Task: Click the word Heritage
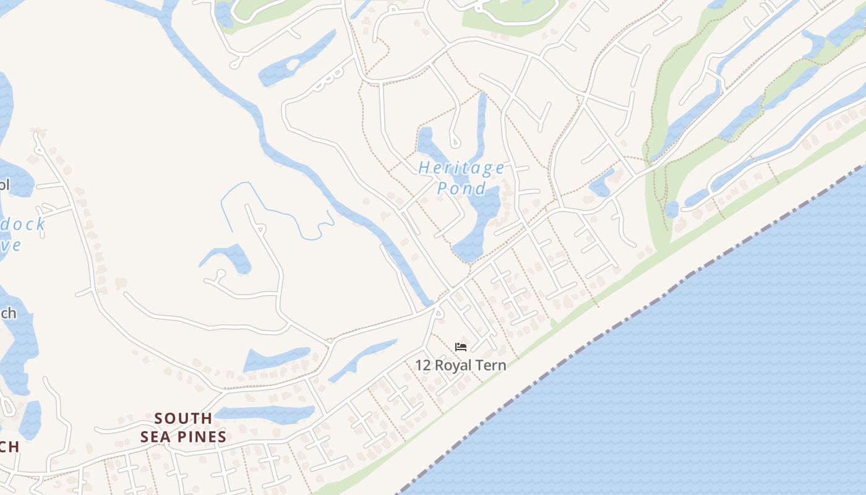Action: click(x=461, y=168)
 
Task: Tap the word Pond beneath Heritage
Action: click(x=461, y=188)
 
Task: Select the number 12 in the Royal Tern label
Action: click(x=423, y=365)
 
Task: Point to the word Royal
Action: click(x=455, y=365)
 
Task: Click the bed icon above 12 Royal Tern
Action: click(x=461, y=346)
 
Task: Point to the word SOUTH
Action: click(x=183, y=419)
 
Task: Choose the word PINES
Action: click(x=199, y=437)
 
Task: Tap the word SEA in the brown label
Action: click(x=153, y=437)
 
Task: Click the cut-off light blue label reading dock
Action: click(x=23, y=224)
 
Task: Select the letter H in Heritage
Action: click(x=425, y=168)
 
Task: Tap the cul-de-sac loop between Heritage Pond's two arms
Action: click(x=455, y=142)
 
